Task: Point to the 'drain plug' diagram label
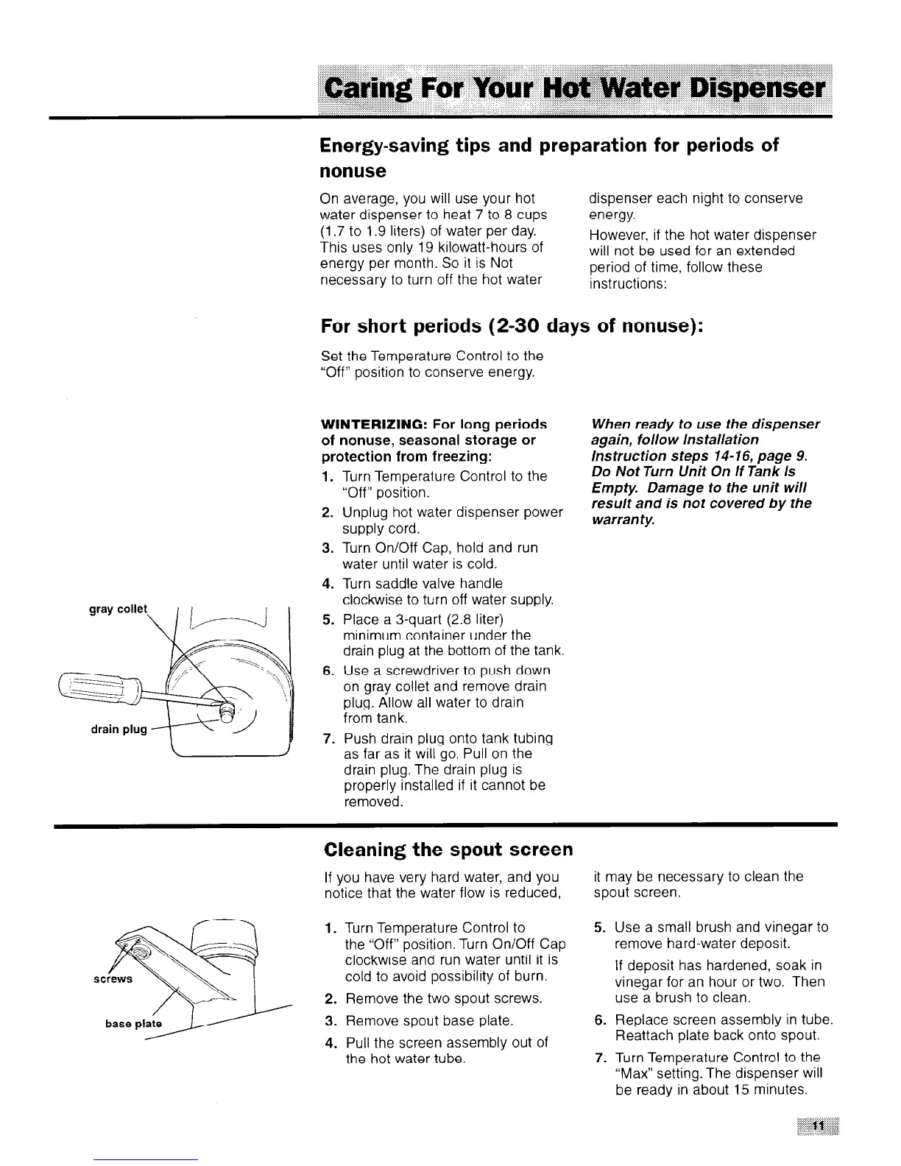[x=119, y=729]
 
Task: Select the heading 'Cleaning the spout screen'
[x=448, y=849]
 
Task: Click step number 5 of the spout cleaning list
[x=599, y=928]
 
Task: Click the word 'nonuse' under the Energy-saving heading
[x=353, y=171]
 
